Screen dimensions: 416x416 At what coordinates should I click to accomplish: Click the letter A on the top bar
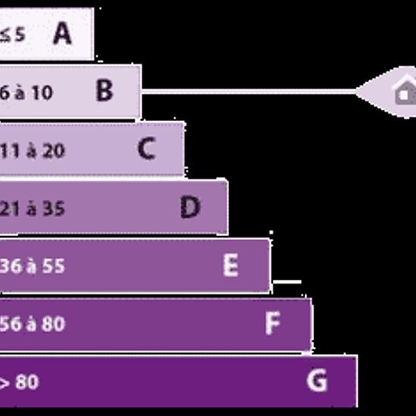click(x=62, y=33)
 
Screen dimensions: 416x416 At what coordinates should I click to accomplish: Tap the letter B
click(x=104, y=91)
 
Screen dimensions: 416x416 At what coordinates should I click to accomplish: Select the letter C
click(x=147, y=148)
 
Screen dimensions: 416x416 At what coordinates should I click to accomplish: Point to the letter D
click(x=190, y=207)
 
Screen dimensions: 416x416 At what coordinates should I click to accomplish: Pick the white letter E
click(x=231, y=265)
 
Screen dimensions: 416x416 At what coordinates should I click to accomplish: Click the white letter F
click(x=272, y=323)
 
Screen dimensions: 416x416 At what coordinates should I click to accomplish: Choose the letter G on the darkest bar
click(x=317, y=380)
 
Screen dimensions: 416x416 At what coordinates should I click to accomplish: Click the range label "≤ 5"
click(x=12, y=35)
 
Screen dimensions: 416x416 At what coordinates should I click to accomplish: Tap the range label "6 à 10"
click(x=26, y=93)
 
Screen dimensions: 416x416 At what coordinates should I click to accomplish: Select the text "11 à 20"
click(x=33, y=151)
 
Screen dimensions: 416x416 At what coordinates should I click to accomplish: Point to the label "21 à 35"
click(x=33, y=209)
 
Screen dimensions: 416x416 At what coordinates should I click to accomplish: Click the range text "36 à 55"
click(x=33, y=266)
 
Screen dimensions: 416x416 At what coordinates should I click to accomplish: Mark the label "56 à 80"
click(x=33, y=324)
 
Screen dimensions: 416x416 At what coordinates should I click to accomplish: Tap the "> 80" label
click(x=19, y=382)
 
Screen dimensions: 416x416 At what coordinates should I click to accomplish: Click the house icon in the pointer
click(x=405, y=90)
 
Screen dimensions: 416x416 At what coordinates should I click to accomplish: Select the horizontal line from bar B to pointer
click(x=249, y=92)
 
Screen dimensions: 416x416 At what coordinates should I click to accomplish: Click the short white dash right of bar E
click(x=287, y=282)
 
